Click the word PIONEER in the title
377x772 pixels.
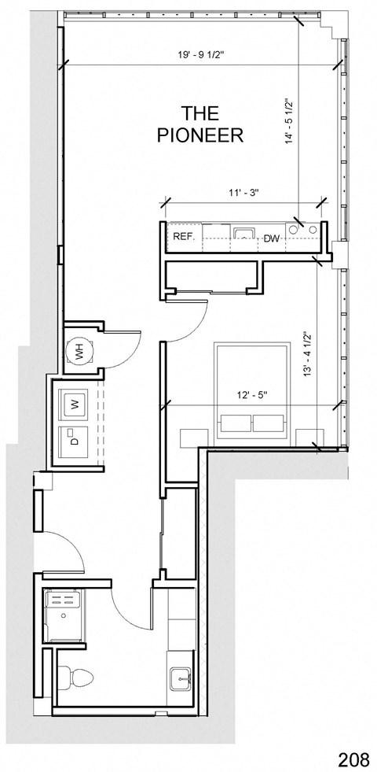pos(199,135)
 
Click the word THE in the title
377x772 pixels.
pos(199,113)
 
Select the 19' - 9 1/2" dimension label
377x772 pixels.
pos(201,55)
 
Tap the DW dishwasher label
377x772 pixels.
pos(272,238)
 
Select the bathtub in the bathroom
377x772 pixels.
pos(64,617)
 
